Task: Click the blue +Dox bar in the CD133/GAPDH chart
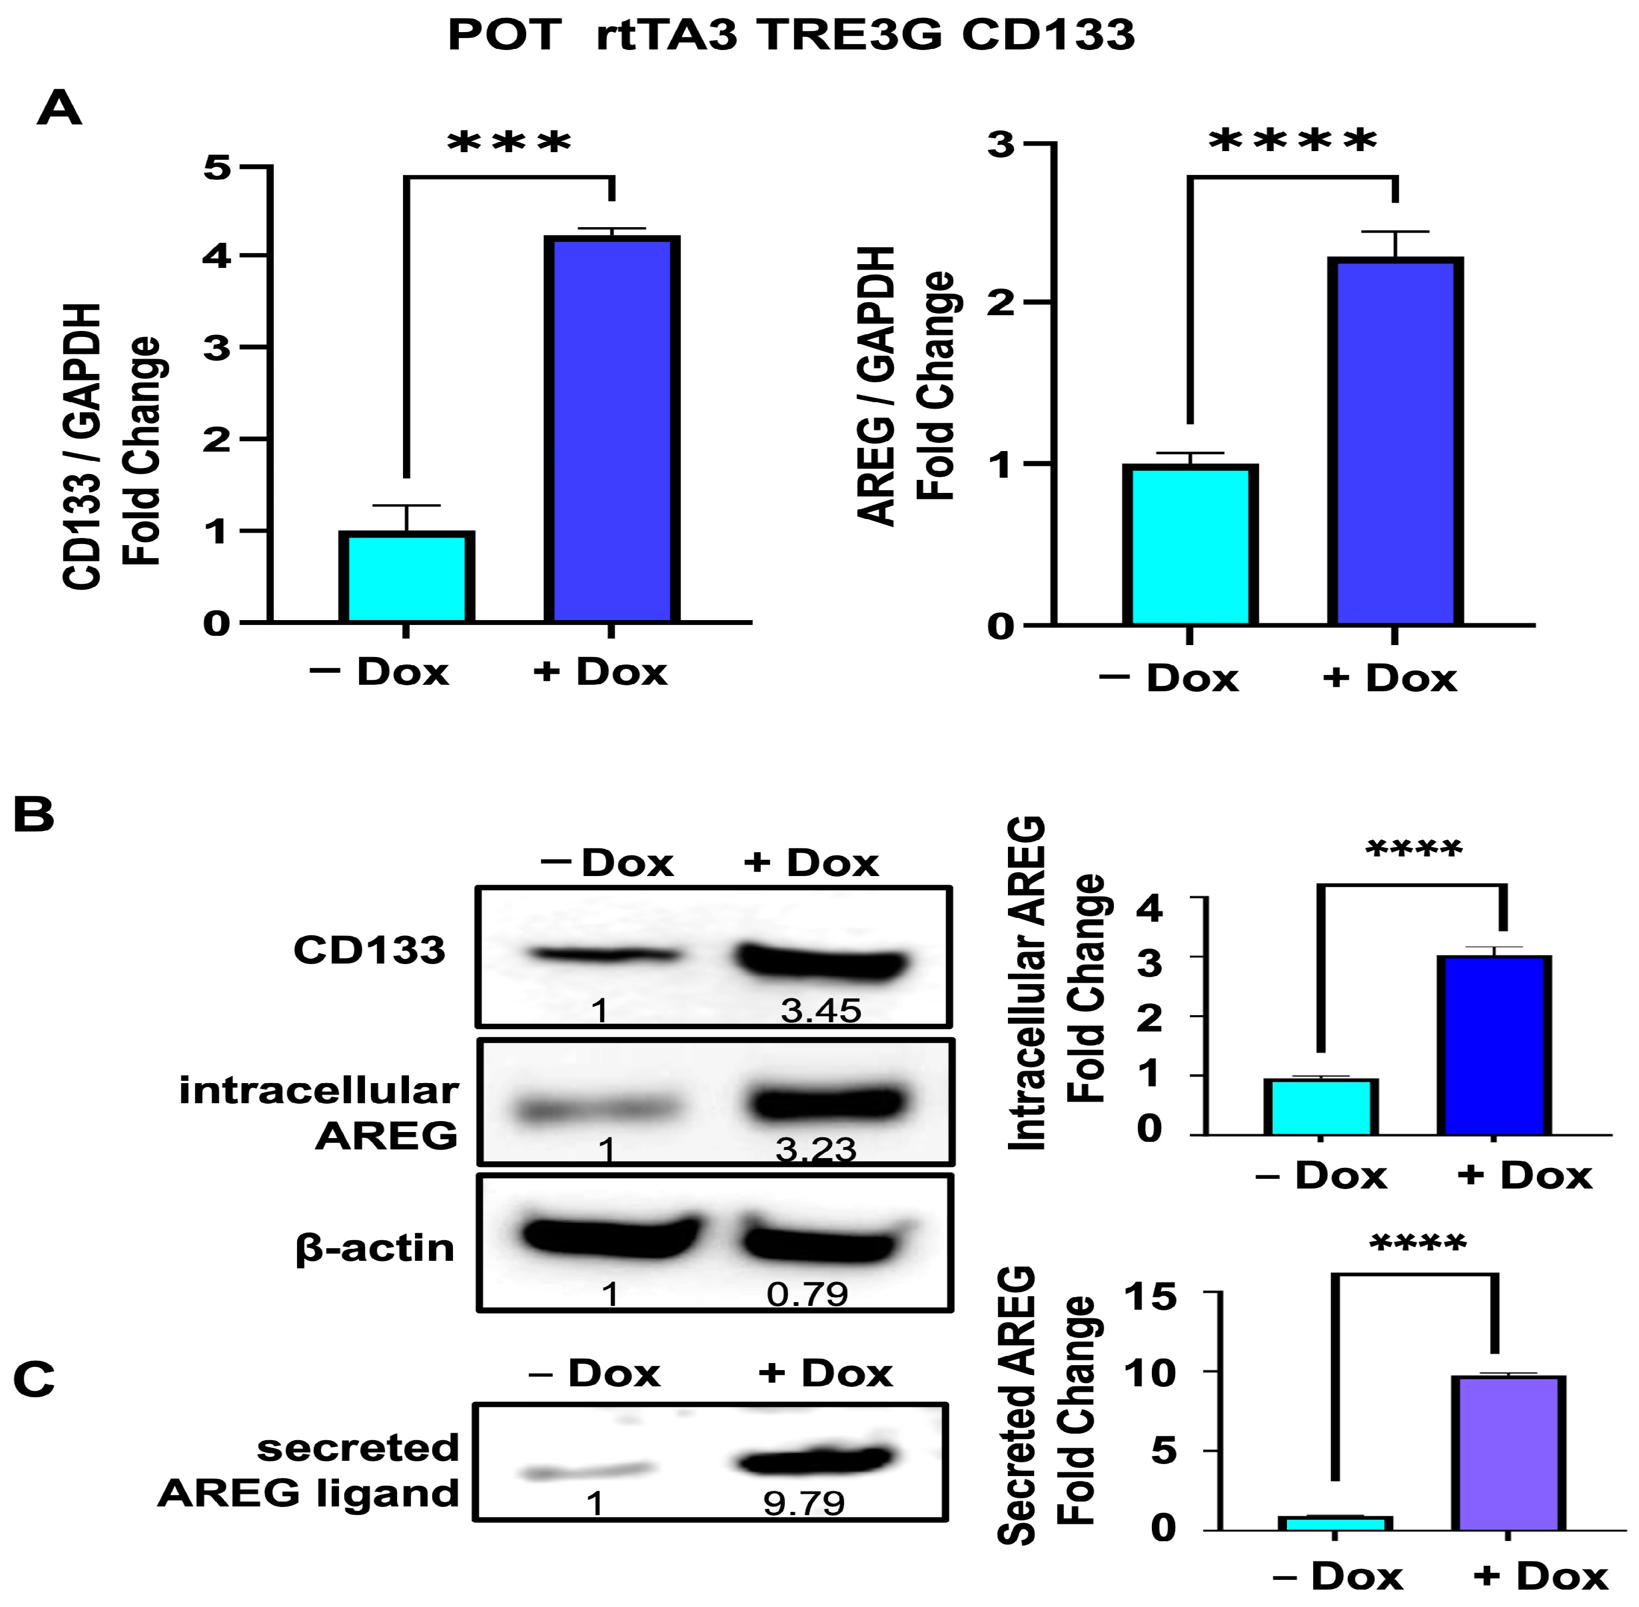pos(612,429)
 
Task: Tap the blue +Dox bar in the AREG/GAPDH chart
pos(1395,442)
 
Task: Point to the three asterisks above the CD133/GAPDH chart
pos(509,142)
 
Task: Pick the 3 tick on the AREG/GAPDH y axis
pos(1001,145)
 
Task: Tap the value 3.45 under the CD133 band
pos(820,1010)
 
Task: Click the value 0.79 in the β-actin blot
pos(806,1294)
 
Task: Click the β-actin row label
pos(375,1247)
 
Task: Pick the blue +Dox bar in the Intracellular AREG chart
pos(1494,1046)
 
